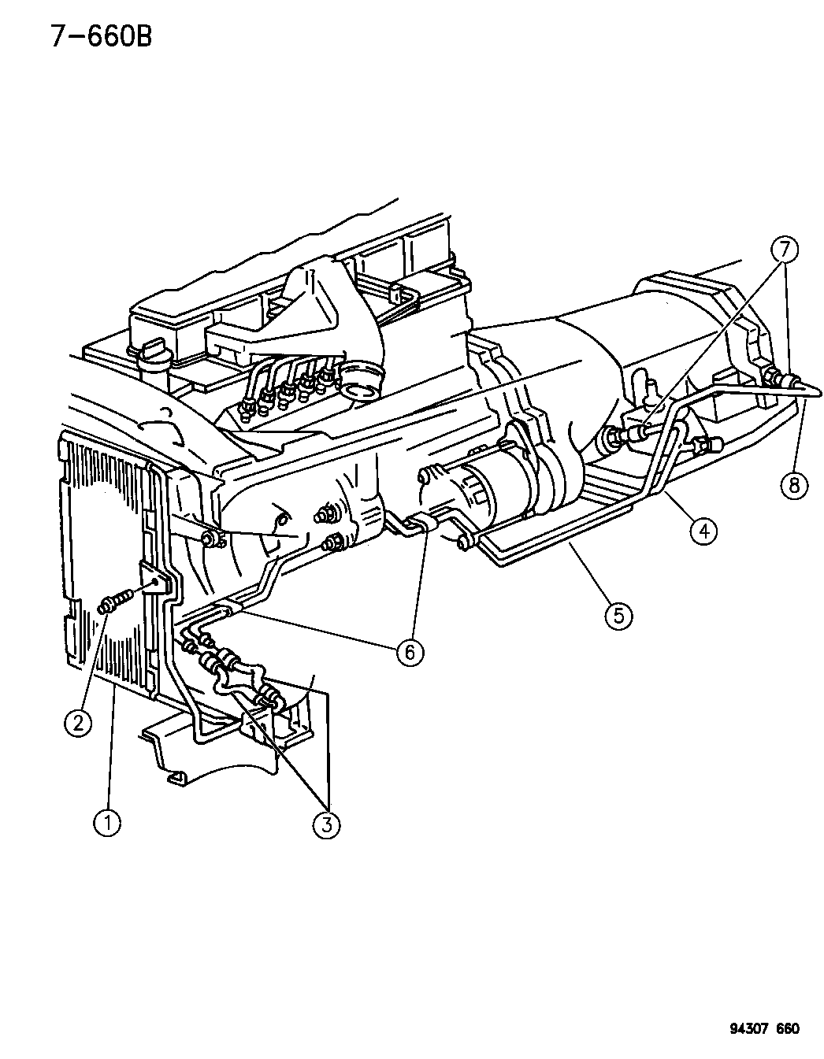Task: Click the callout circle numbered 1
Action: pos(107,823)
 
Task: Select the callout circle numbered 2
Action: pos(79,722)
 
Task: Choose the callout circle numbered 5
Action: pos(618,616)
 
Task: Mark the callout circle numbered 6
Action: pos(410,652)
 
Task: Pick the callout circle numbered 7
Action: pos(785,250)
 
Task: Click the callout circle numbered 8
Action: pos(794,485)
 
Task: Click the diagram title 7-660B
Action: pos(101,36)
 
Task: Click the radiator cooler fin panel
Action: pos(105,561)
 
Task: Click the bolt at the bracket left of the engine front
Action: pos(210,539)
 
